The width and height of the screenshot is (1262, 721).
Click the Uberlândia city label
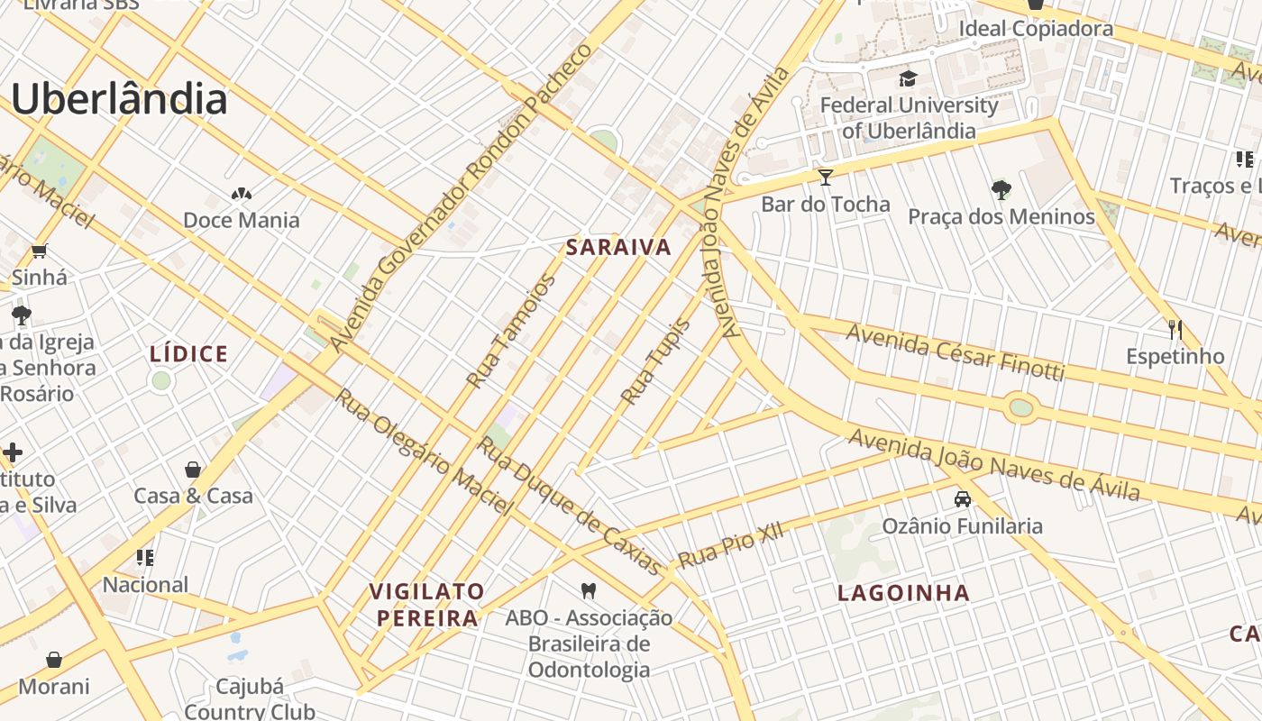119,99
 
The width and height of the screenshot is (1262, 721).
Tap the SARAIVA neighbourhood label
618,247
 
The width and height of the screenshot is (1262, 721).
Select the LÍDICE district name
189,354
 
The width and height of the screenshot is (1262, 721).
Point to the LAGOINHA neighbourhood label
903,593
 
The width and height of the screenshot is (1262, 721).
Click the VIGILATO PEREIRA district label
427,605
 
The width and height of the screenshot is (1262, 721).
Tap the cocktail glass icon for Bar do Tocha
825,177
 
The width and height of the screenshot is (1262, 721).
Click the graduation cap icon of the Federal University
908,78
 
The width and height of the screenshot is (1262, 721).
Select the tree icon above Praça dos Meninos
1001,189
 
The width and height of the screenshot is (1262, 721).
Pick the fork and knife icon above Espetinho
1175,329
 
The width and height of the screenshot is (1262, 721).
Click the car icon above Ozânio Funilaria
962,498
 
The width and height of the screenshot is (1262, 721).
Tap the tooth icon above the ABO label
589,590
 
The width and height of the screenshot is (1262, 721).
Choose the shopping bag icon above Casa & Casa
193,469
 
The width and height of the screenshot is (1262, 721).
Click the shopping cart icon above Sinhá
39,251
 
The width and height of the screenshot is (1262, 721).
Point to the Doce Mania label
241,220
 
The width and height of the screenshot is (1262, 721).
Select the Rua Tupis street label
655,362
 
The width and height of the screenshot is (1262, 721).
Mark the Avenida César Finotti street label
955,352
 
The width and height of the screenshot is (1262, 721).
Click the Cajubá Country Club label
250,698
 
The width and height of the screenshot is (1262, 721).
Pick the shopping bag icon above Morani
54,660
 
